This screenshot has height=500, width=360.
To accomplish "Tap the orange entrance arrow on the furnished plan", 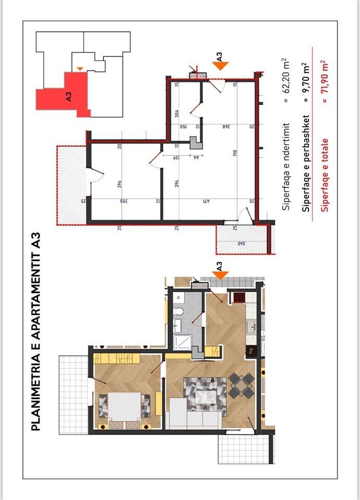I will (x=220, y=274).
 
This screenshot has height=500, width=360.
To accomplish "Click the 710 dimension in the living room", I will (x=235, y=153).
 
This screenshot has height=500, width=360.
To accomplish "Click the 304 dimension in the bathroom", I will (x=177, y=113).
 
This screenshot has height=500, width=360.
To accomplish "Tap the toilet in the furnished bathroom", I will (x=178, y=312).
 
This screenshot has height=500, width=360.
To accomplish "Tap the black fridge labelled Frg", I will (x=250, y=350).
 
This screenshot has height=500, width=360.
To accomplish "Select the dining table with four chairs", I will (x=240, y=385).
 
